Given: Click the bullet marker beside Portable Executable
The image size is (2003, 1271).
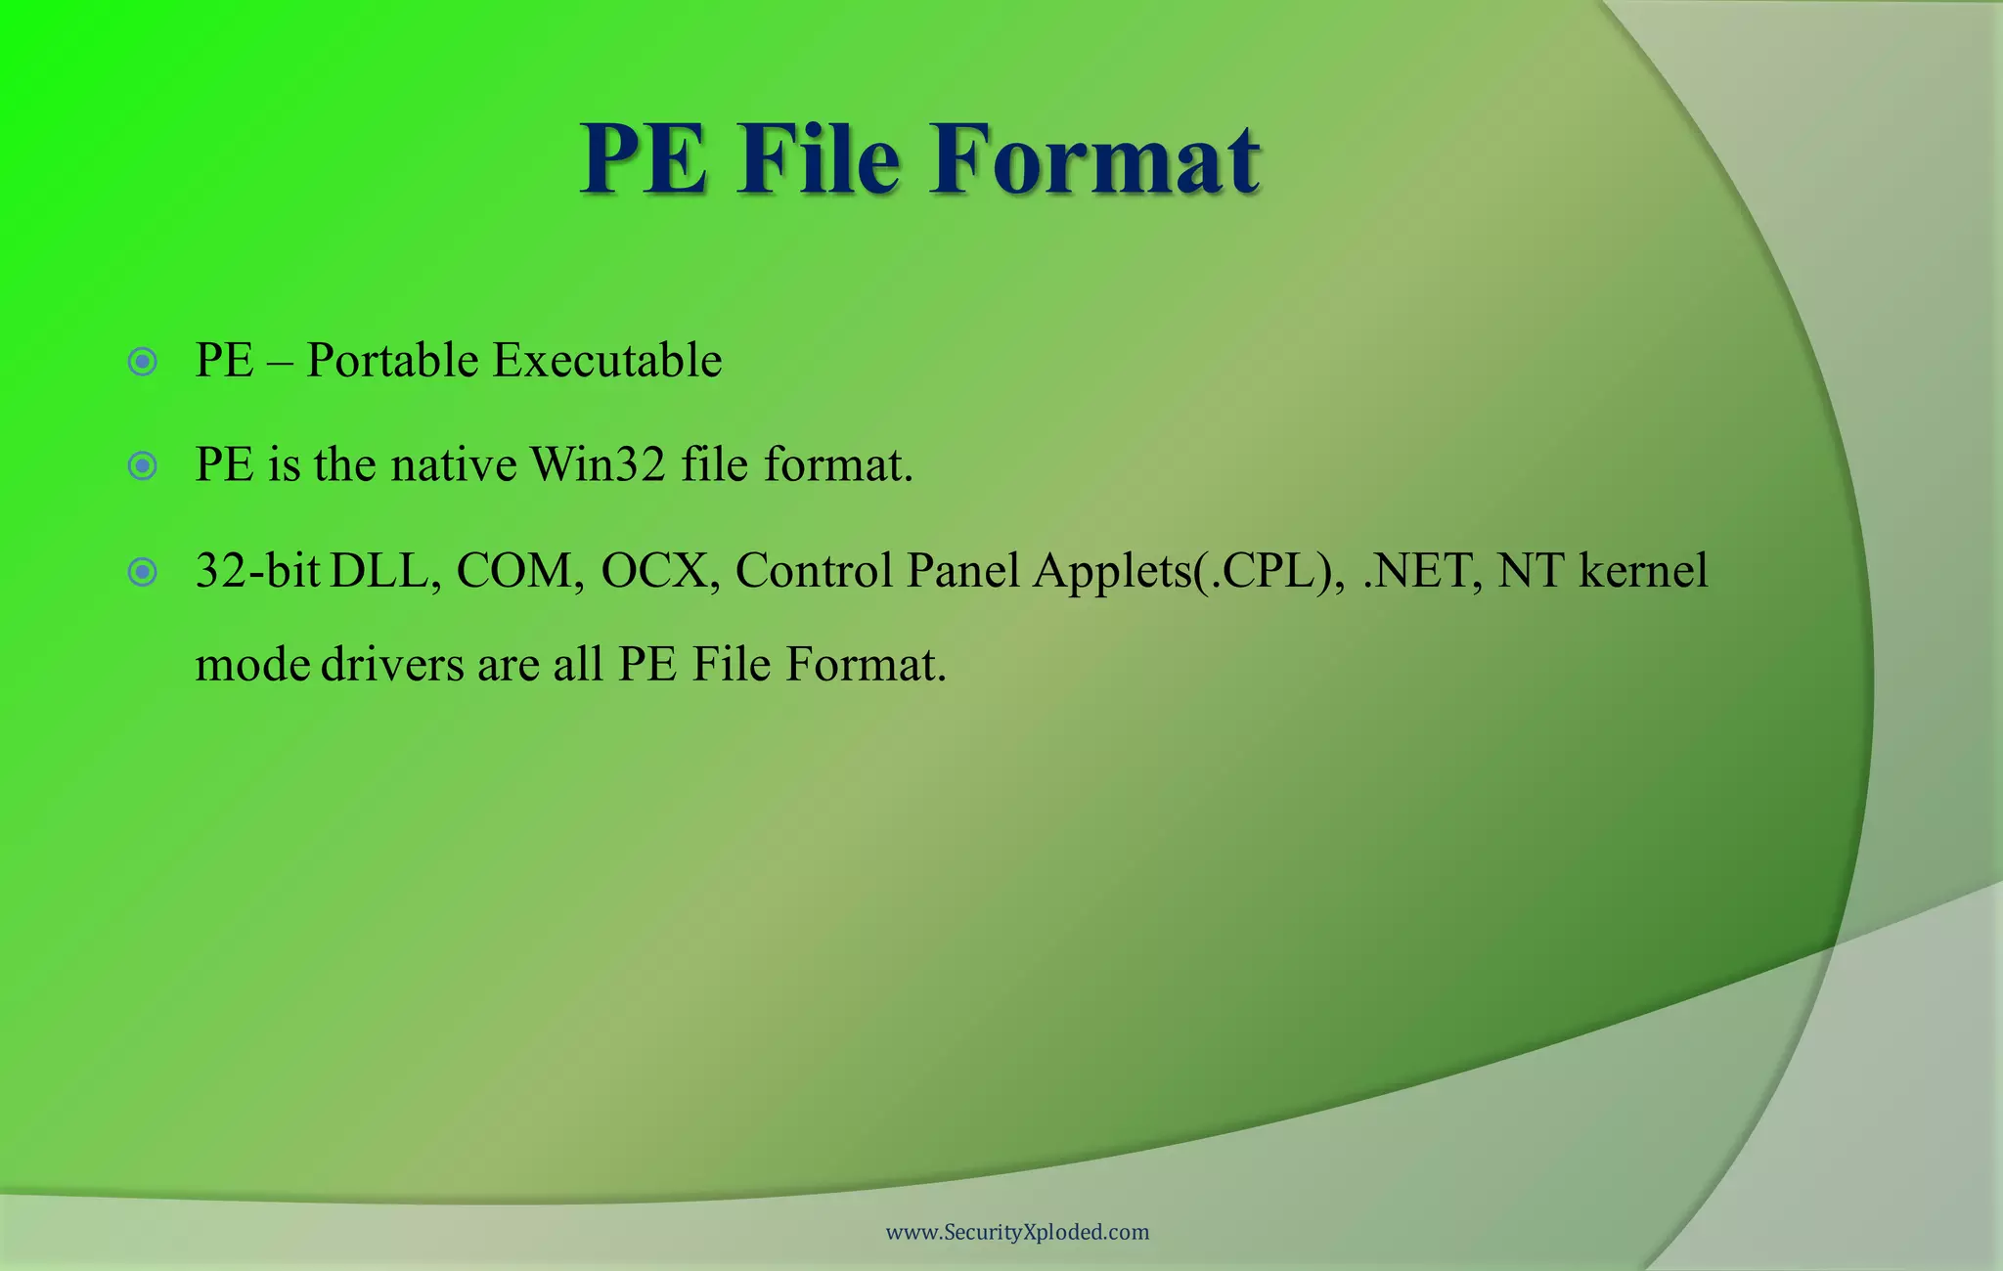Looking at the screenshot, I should (x=143, y=363).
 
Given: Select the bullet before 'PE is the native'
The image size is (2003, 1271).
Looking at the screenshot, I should (x=143, y=465).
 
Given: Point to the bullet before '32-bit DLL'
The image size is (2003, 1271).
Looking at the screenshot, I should (x=143, y=572).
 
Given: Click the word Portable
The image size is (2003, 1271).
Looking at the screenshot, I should (x=392, y=361).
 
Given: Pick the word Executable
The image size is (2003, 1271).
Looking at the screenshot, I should (x=607, y=361).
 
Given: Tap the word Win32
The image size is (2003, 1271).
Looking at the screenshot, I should (x=598, y=464).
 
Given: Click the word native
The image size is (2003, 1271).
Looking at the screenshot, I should (x=454, y=464).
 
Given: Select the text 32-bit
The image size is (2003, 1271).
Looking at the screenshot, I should (x=257, y=571).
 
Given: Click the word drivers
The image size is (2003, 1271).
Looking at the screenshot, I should (x=392, y=665).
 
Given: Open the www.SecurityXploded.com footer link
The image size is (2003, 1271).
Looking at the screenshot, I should (x=1017, y=1232).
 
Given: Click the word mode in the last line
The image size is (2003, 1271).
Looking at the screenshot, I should (x=252, y=665).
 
